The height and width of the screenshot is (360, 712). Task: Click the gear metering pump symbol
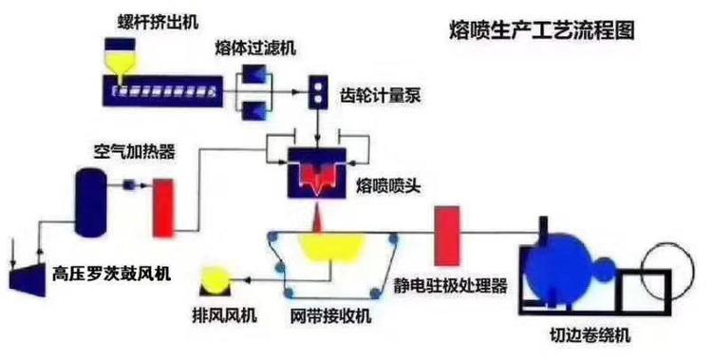314,92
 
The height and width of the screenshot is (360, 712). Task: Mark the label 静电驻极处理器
451,285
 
